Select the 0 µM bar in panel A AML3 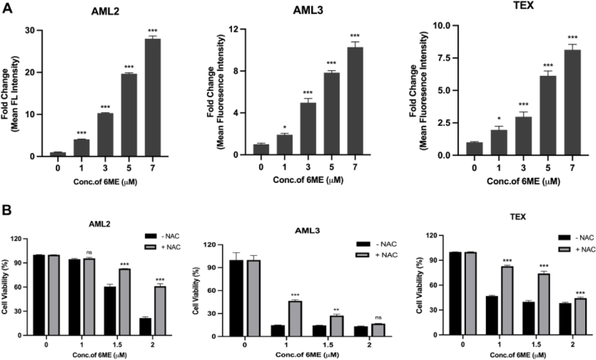(261, 149)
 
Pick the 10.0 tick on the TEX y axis (443, 26)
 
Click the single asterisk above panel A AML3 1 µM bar (285, 128)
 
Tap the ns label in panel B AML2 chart (89, 252)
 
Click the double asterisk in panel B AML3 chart (336, 310)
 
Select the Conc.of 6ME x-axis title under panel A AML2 (105, 182)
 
